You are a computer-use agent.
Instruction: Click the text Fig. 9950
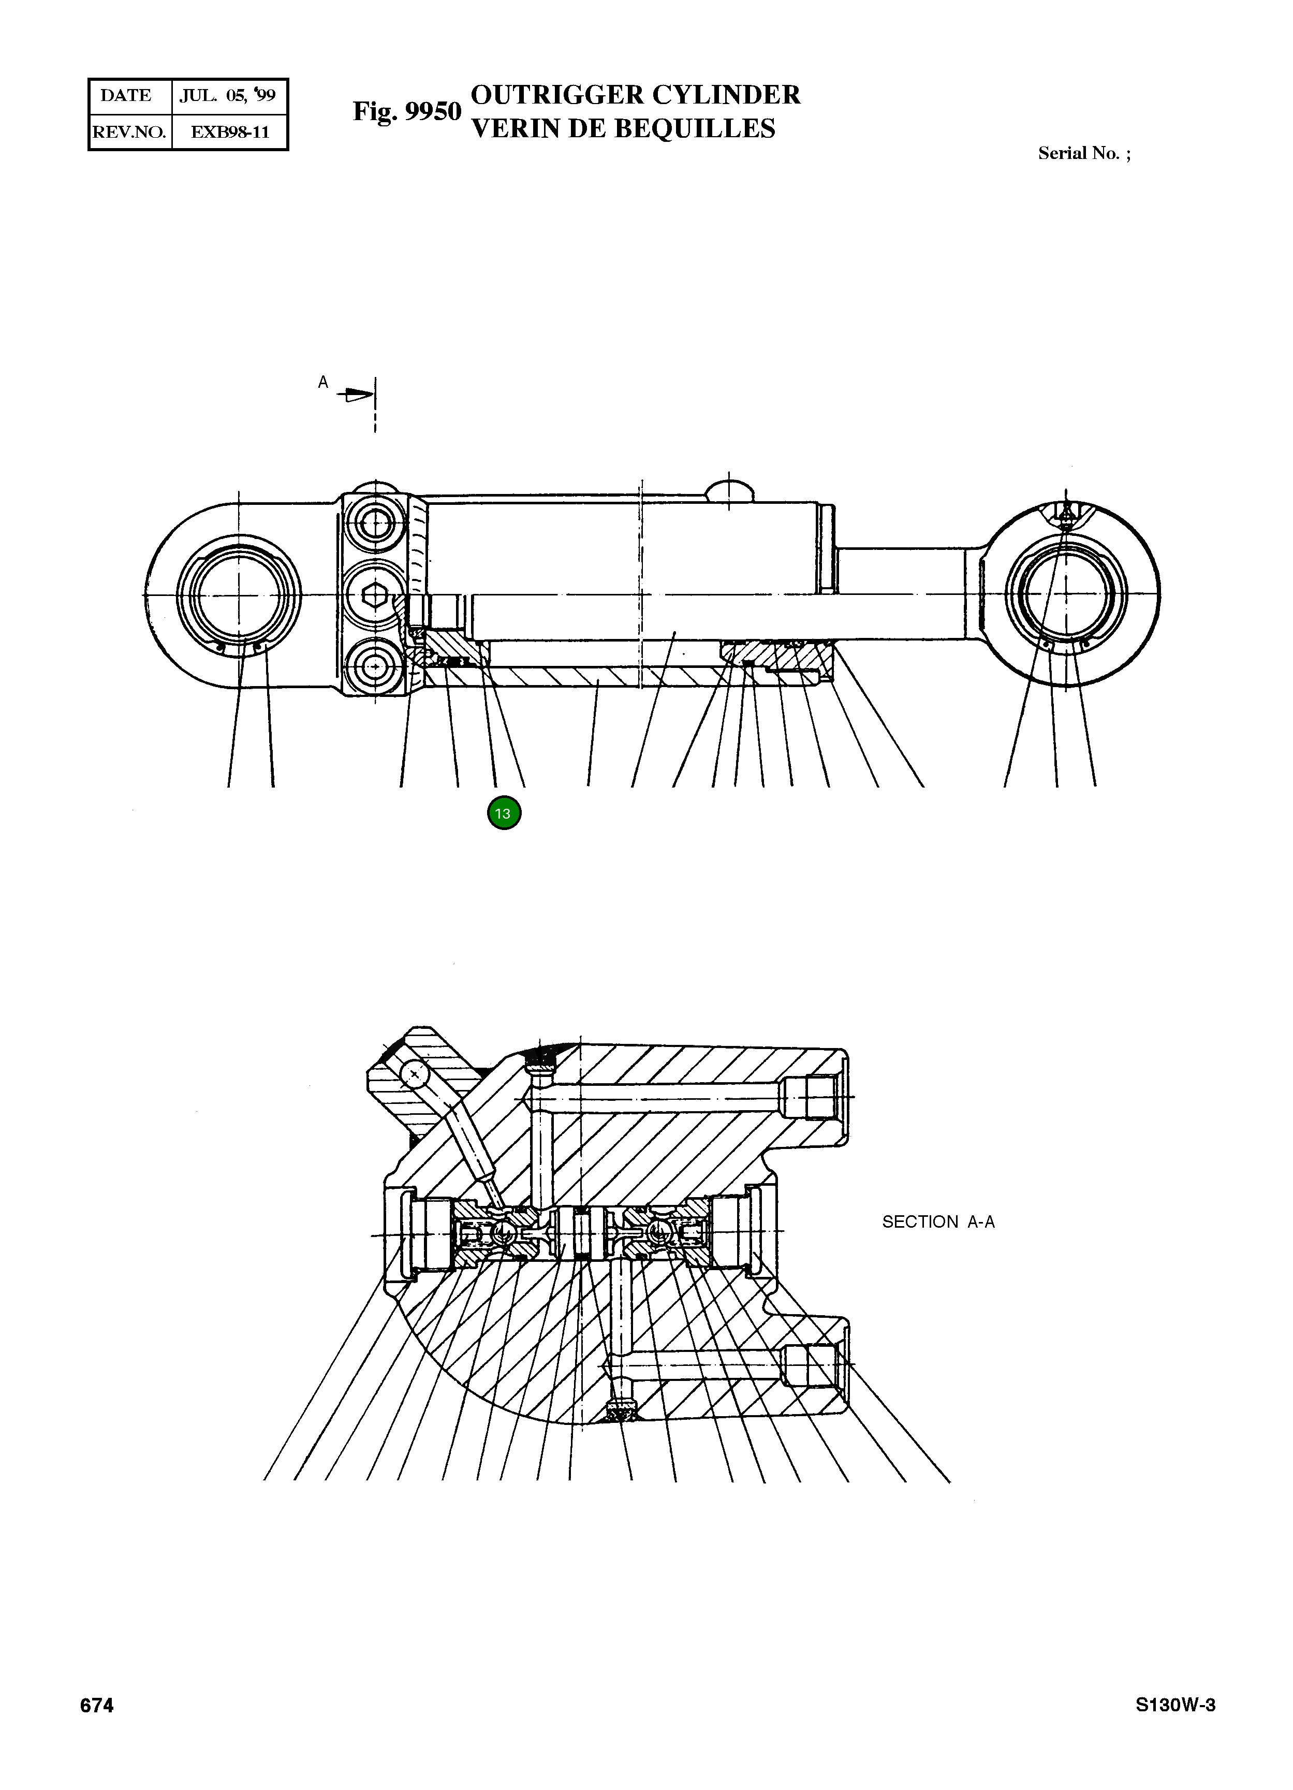pos(406,112)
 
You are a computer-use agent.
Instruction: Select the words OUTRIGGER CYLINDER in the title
pos(635,95)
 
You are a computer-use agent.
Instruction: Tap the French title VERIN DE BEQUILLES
pos(623,128)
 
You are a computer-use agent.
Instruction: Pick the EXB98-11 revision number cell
pos(230,133)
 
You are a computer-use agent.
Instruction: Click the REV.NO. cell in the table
pos(129,133)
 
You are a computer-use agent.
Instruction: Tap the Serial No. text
pos(1083,154)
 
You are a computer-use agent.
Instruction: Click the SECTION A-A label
pos(938,1222)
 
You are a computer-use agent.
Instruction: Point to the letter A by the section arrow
pos(322,383)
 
